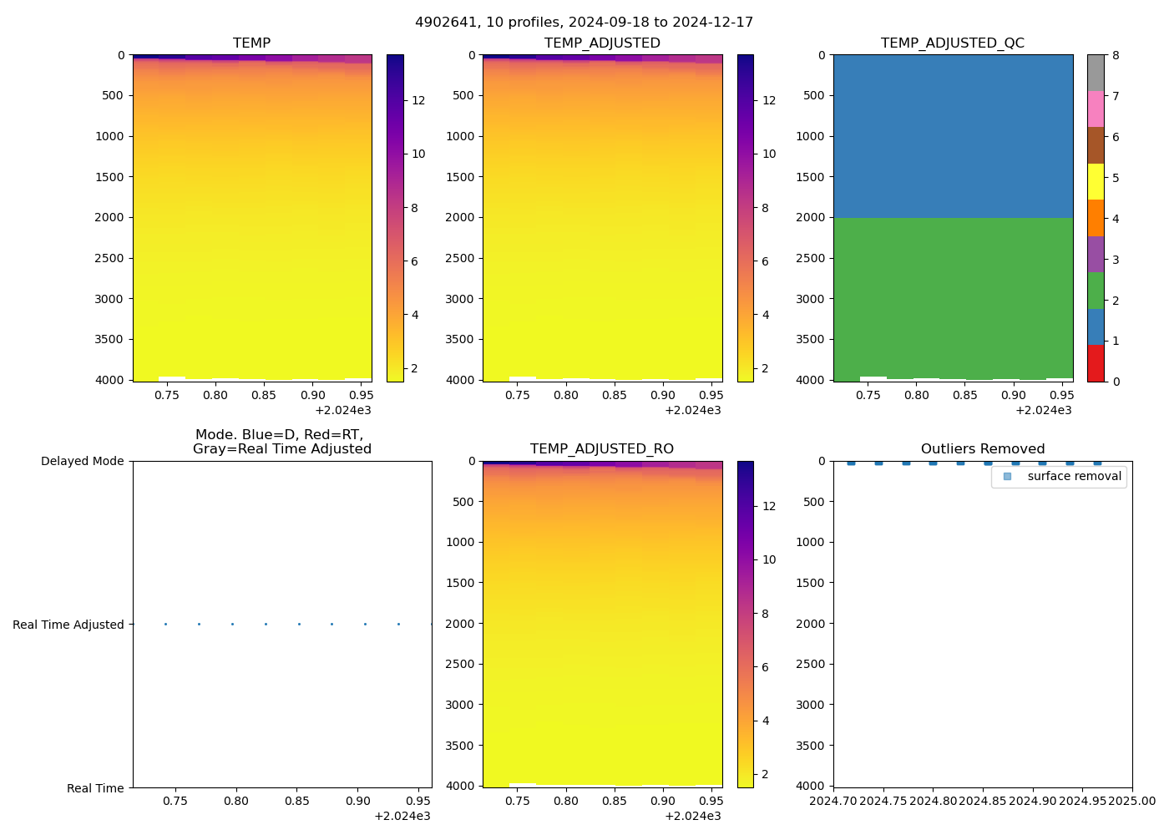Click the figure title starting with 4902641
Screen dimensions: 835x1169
[x=584, y=23]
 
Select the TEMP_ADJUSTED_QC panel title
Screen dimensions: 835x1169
[x=953, y=43]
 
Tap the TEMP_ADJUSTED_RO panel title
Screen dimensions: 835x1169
[x=602, y=449]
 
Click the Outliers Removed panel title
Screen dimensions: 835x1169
[x=983, y=449]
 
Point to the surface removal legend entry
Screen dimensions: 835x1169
[x=1074, y=477]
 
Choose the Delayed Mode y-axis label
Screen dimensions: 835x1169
[x=82, y=461]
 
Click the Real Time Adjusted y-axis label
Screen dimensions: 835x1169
[x=68, y=625]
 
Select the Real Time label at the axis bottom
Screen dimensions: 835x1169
[x=95, y=788]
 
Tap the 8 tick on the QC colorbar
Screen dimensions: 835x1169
[x=1116, y=56]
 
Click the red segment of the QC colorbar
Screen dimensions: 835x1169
[x=1096, y=363]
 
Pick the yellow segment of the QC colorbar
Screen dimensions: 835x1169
[x=1096, y=182]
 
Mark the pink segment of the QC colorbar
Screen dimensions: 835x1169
[x=1096, y=109]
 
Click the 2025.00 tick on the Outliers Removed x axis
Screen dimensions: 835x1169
[x=1132, y=802]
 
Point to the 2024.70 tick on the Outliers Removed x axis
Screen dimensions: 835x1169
[x=833, y=802]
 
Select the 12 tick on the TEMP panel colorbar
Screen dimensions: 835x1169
[x=418, y=100]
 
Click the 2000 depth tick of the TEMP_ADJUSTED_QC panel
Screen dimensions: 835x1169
[x=810, y=217]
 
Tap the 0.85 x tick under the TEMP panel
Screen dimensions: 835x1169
[x=264, y=395]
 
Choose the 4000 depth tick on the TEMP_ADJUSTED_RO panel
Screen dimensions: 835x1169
[x=460, y=786]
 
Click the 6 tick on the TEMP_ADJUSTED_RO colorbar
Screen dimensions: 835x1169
[x=766, y=667]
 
